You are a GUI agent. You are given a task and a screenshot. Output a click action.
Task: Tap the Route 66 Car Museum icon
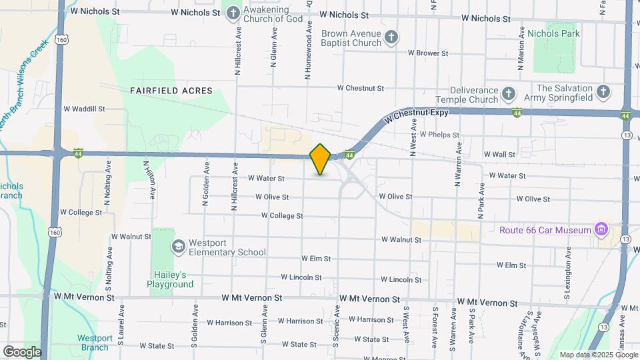[x=602, y=230]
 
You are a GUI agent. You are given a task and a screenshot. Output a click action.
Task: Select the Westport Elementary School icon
[x=178, y=247]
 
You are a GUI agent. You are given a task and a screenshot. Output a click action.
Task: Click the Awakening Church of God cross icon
[x=233, y=13]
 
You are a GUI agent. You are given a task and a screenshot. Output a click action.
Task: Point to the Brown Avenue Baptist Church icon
[x=392, y=37]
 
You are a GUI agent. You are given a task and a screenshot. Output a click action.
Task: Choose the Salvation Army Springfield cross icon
[x=603, y=93]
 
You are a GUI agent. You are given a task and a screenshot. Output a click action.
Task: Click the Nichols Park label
[x=553, y=33]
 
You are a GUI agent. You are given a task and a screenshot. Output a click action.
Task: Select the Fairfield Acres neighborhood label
[x=171, y=91]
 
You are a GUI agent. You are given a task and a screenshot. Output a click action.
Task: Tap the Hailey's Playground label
[x=171, y=279]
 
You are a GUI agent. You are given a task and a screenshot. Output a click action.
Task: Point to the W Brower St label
[x=431, y=52]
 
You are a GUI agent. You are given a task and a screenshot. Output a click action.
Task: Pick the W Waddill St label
[x=85, y=109]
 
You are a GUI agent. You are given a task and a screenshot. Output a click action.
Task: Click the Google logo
[x=21, y=351]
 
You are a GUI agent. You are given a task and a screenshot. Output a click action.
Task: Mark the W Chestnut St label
[x=361, y=88]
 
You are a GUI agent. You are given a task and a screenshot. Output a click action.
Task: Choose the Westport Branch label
[x=95, y=343]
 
